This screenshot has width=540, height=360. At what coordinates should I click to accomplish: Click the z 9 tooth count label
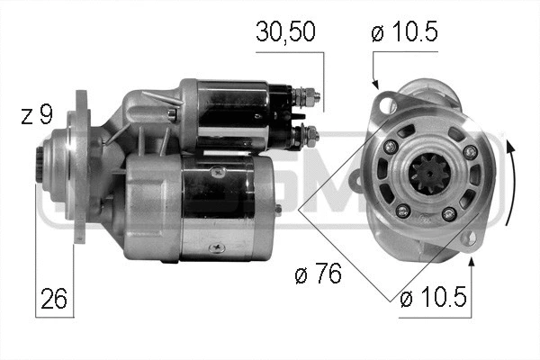pyautogui.click(x=38, y=115)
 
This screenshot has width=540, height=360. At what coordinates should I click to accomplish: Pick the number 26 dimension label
pyautogui.click(x=53, y=298)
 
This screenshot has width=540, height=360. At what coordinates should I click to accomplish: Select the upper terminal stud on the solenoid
pyautogui.click(x=308, y=94)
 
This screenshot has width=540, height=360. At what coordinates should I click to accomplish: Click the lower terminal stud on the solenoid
pyautogui.click(x=310, y=137)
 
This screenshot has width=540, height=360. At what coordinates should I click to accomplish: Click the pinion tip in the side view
pyautogui.click(x=42, y=163)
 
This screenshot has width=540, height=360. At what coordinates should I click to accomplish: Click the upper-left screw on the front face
pyautogui.click(x=390, y=146)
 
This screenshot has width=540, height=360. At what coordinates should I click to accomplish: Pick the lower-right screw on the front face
pyautogui.click(x=447, y=214)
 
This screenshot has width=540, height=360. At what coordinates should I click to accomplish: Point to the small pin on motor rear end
pyautogui.click(x=279, y=209)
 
